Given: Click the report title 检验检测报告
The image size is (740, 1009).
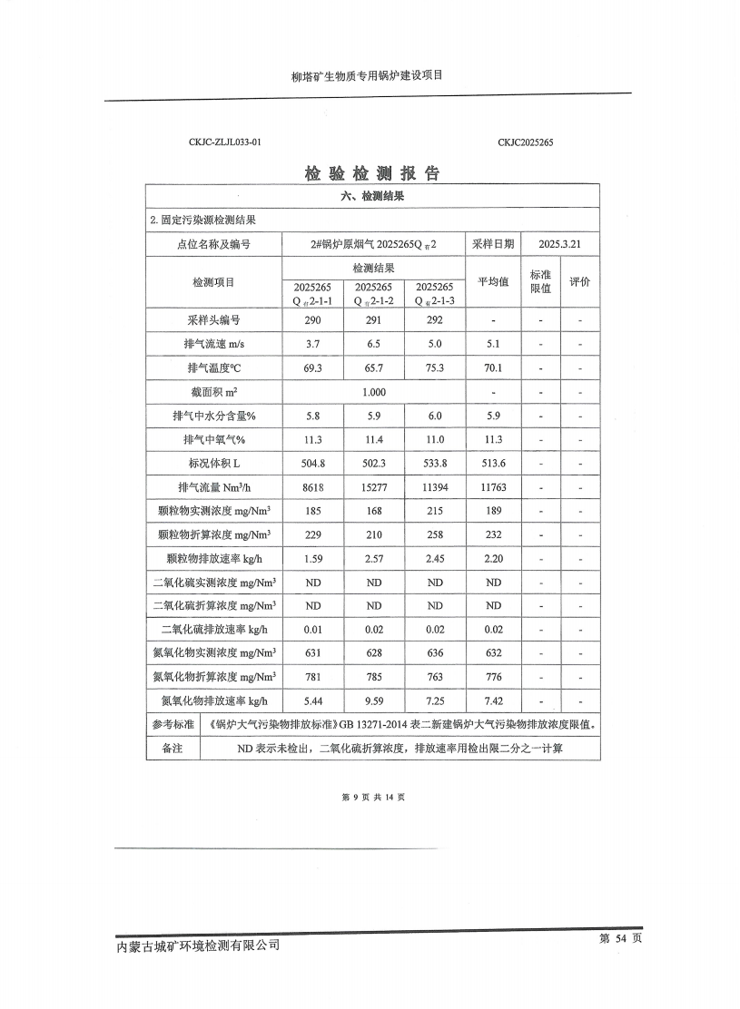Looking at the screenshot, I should pyautogui.click(x=372, y=173).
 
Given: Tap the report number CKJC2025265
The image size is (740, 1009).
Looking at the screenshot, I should pyautogui.click(x=526, y=142).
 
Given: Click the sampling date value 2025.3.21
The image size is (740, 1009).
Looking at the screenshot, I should pyautogui.click(x=559, y=244).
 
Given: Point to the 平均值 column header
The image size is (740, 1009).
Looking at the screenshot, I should pyautogui.click(x=493, y=281).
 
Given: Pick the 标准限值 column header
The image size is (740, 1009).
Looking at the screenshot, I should pyautogui.click(x=540, y=281).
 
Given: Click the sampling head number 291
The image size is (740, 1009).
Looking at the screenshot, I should pyautogui.click(x=373, y=320).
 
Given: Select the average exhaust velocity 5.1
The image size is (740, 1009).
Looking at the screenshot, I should pyautogui.click(x=493, y=344).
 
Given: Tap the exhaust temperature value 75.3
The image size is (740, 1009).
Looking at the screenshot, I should pyautogui.click(x=435, y=367).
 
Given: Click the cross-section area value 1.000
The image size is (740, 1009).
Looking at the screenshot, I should pyautogui.click(x=373, y=392).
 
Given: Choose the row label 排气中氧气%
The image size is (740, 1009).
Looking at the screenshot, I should pyautogui.click(x=213, y=439).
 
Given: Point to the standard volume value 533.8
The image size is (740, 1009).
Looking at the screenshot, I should pyautogui.click(x=435, y=463).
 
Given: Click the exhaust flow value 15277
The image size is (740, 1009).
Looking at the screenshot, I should pyautogui.click(x=373, y=487).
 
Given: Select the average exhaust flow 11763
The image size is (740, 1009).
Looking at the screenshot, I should pyautogui.click(x=493, y=487).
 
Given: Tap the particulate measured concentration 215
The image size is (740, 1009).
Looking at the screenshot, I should pyautogui.click(x=435, y=511).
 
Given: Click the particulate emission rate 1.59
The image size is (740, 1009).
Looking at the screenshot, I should pyautogui.click(x=312, y=558).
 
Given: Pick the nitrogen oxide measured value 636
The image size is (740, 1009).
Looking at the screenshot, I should pyautogui.click(x=435, y=652).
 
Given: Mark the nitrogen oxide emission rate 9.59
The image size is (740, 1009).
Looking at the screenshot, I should pyautogui.click(x=373, y=700).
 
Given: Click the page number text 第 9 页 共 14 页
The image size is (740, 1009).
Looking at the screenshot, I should pyautogui.click(x=372, y=797).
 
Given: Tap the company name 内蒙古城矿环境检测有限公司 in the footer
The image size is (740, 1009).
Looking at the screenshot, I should pyautogui.click(x=199, y=945).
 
